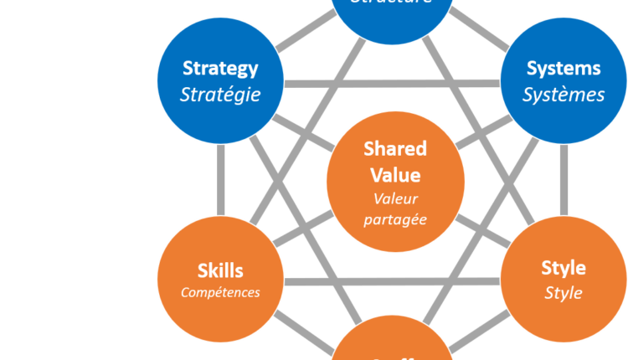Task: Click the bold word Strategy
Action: click(x=220, y=68)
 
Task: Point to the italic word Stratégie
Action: click(x=220, y=94)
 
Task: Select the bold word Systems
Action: click(x=564, y=68)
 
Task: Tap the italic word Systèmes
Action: click(x=564, y=94)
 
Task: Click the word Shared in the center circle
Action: click(x=395, y=149)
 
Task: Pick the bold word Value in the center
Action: click(x=395, y=175)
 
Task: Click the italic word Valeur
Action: click(x=395, y=199)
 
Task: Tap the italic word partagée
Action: click(x=395, y=219)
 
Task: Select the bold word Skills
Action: click(x=220, y=270)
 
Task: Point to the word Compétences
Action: click(x=220, y=293)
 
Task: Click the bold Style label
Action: click(x=564, y=269)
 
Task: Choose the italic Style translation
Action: click(x=564, y=294)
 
